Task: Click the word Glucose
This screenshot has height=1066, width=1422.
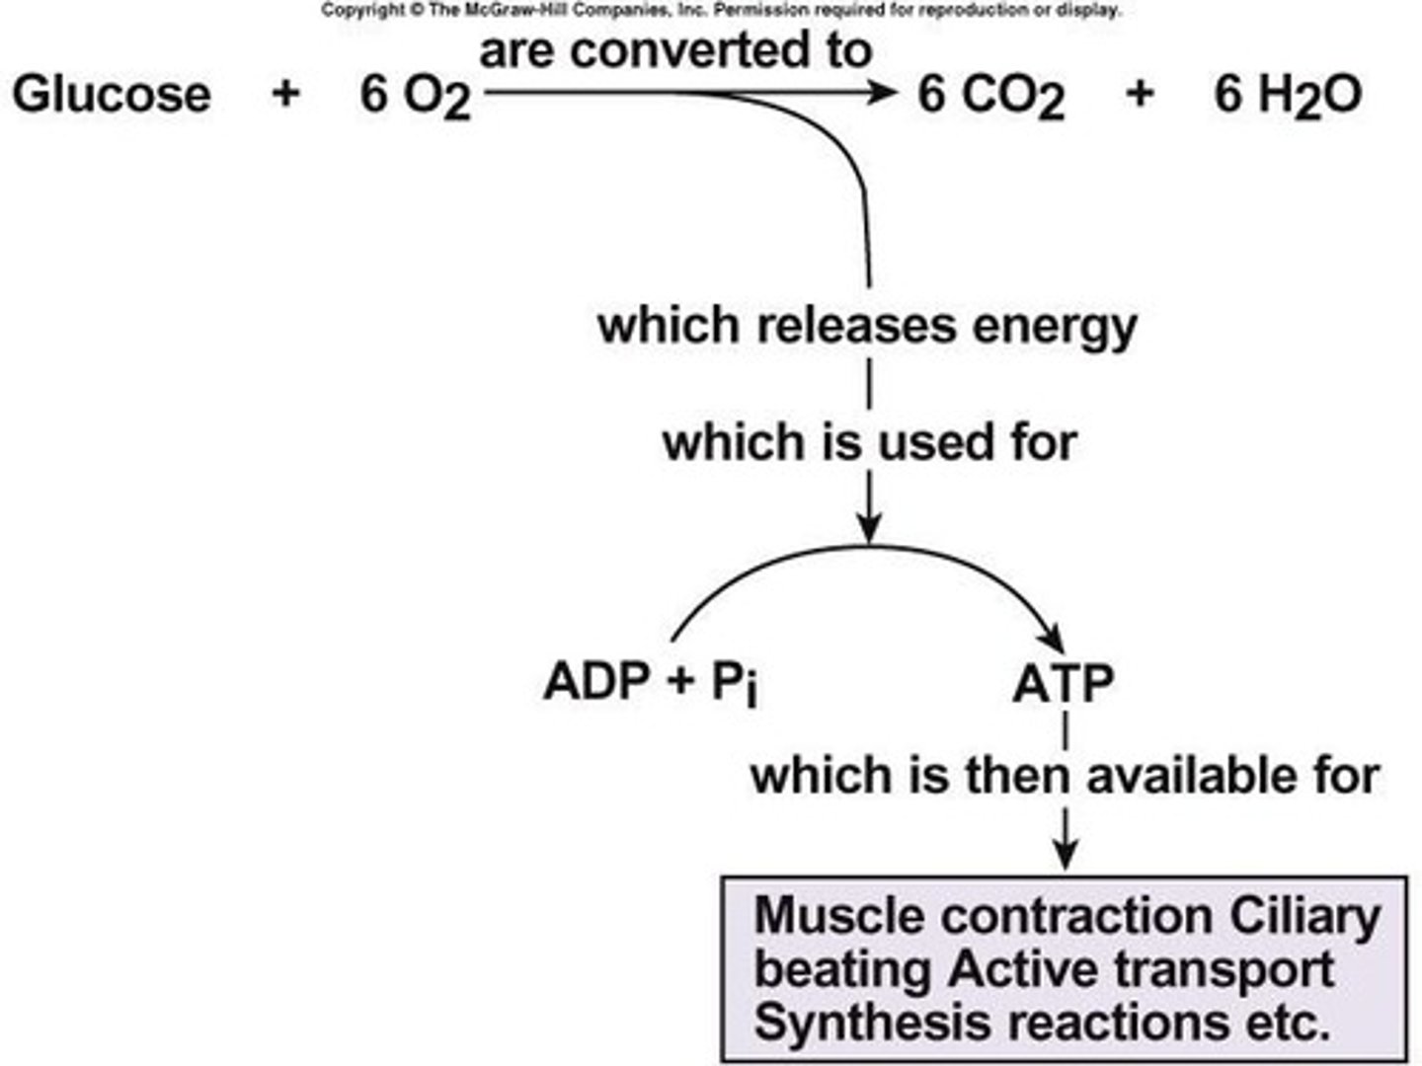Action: pyautogui.click(x=112, y=95)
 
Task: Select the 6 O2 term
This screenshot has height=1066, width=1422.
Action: pyautogui.click(x=415, y=98)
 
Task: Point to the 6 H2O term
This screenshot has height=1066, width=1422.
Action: pyautogui.click(x=1288, y=97)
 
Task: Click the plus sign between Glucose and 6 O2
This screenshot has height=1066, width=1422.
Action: pyautogui.click(x=285, y=95)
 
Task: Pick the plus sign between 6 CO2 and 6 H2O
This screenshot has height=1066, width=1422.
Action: pyautogui.click(x=1140, y=95)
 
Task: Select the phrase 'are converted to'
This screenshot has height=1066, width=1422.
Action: pyautogui.click(x=675, y=51)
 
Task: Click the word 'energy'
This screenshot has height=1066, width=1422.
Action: pyautogui.click(x=1055, y=328)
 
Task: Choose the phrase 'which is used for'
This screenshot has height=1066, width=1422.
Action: pyautogui.click(x=869, y=442)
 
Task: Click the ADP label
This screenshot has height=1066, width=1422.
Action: pyautogui.click(x=596, y=681)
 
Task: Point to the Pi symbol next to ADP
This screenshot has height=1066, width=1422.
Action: pyautogui.click(x=736, y=683)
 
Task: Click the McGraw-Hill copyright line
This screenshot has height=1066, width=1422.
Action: pyautogui.click(x=721, y=10)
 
